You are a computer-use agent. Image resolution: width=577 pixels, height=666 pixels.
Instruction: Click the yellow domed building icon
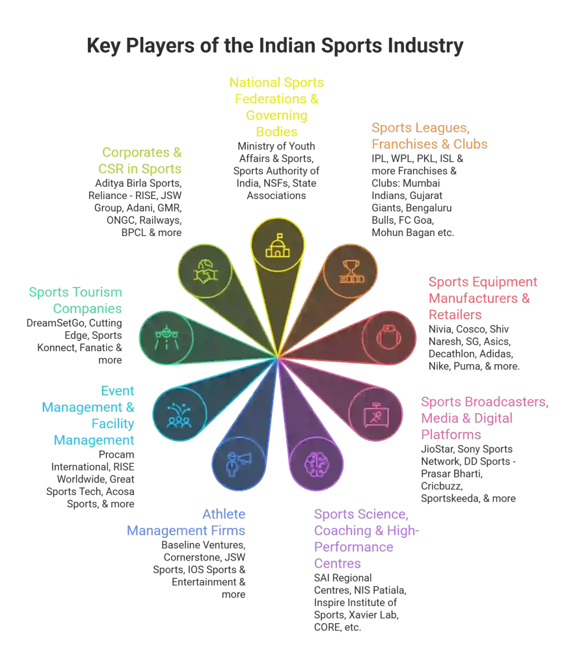278,245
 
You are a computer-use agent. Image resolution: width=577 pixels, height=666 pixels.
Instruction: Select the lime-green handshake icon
205,271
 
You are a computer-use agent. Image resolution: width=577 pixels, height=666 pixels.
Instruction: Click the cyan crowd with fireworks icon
179,414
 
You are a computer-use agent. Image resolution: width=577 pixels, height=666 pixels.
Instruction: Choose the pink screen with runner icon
376,414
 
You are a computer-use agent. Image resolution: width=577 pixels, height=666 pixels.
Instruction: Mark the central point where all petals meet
278,357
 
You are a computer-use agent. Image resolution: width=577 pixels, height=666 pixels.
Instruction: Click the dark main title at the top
276,47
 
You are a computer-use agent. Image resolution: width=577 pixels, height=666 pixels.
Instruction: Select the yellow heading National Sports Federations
276,107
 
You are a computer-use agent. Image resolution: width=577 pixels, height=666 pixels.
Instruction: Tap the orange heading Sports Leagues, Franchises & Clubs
429,135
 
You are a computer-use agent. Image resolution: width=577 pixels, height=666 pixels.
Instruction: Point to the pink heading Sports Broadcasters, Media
485,418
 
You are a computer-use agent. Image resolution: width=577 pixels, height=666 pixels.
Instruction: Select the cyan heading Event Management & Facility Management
88,416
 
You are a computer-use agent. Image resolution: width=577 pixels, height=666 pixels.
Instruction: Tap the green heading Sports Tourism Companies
75,300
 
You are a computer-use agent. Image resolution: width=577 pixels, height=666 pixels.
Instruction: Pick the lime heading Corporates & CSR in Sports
141,161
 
